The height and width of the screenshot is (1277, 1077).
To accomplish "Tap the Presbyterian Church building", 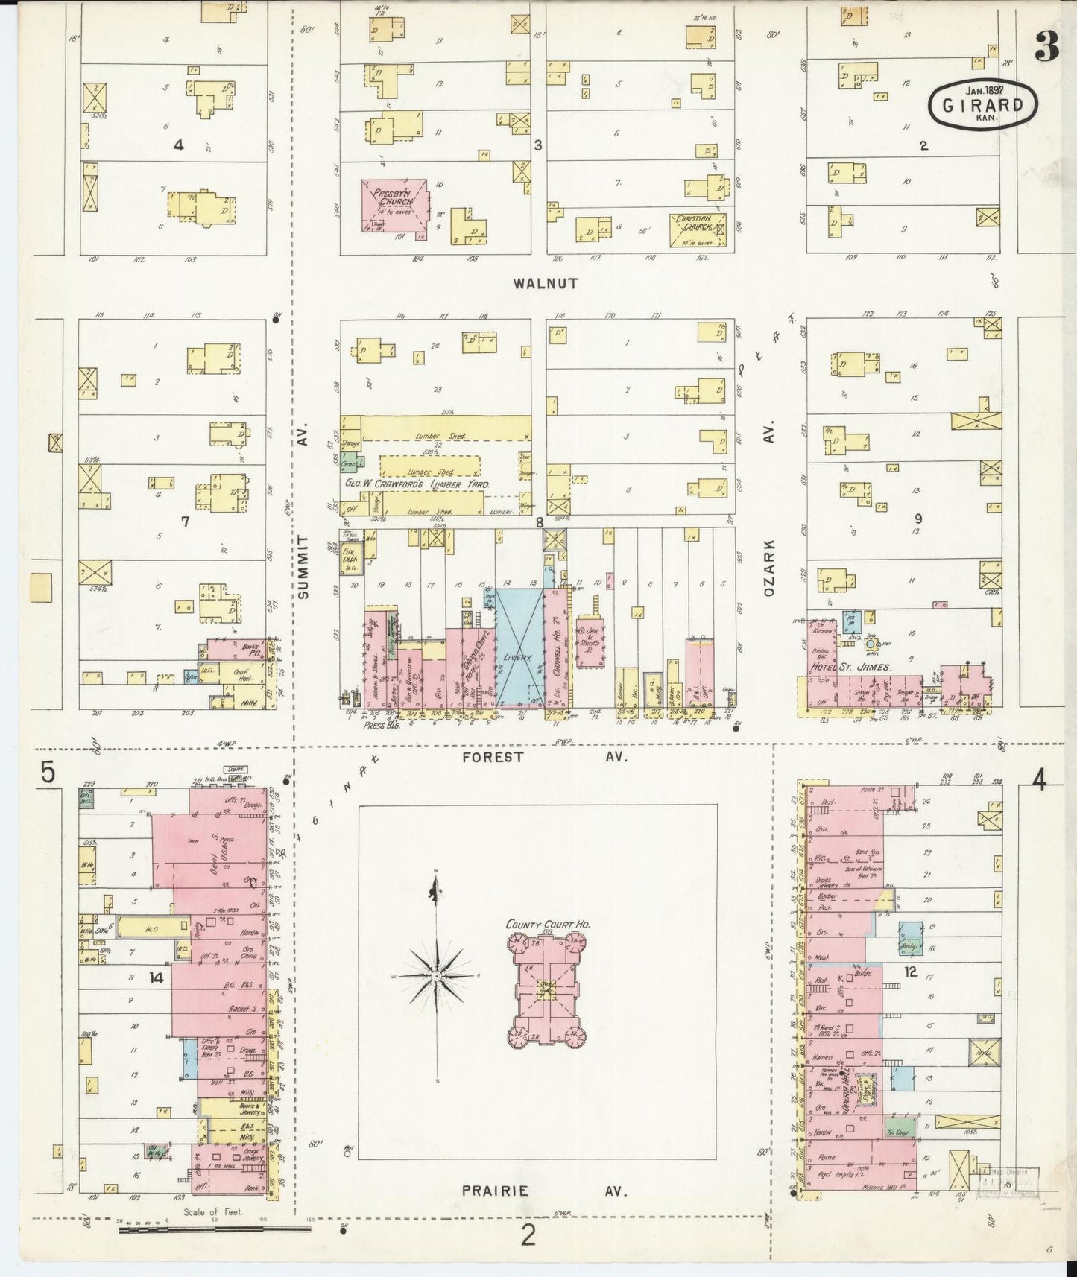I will click(395, 204).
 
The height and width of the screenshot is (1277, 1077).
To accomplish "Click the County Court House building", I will click(548, 983).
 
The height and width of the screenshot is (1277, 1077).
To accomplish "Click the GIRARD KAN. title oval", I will click(983, 107).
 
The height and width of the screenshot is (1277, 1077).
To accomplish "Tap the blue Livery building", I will click(519, 647).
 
